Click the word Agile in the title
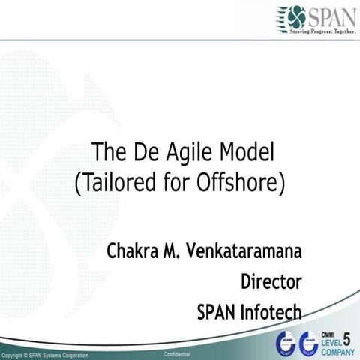(181, 153)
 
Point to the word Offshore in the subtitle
(241, 182)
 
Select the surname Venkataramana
(247, 251)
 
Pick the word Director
(271, 281)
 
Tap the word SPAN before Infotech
(216, 310)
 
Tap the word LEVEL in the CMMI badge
(331, 342)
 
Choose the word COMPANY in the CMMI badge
(337, 351)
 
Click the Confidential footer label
(176, 353)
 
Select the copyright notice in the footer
(45, 354)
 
